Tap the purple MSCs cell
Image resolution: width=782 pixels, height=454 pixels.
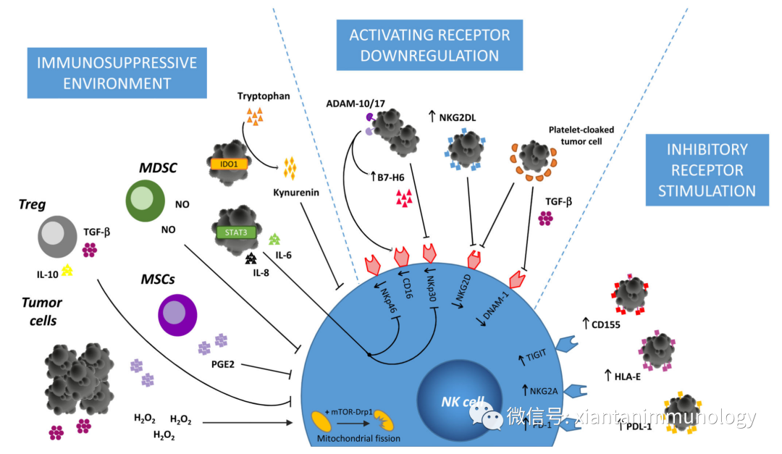click(x=177, y=314)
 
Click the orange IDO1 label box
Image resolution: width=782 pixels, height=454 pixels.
click(x=229, y=164)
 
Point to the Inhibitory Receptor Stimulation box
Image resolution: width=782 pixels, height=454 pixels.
click(x=707, y=169)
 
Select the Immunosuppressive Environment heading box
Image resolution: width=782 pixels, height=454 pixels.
click(x=117, y=72)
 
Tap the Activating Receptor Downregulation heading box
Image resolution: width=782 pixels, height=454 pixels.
click(x=429, y=45)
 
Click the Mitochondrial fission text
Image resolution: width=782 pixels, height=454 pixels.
click(x=356, y=439)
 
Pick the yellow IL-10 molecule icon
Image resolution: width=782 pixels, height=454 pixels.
click(x=67, y=271)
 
